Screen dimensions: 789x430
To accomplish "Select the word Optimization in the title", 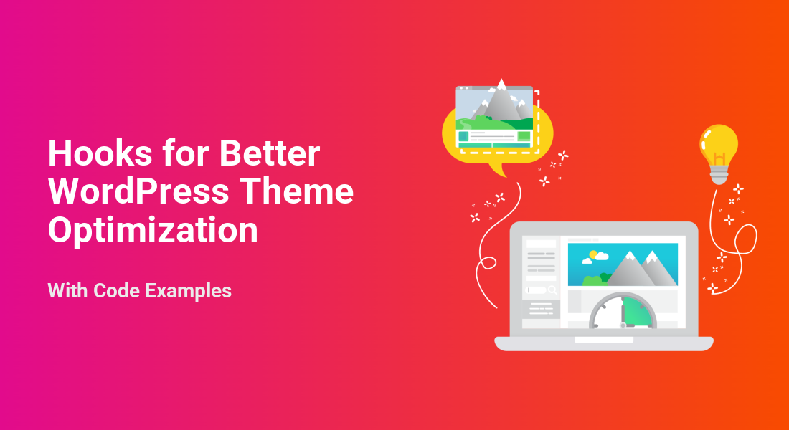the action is [153, 230].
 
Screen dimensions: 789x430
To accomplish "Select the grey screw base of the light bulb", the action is [719, 176].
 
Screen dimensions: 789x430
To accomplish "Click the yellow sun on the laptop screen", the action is [593, 254].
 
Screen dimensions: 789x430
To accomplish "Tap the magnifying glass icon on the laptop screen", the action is [553, 290].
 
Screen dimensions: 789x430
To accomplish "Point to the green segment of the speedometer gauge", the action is [637, 312].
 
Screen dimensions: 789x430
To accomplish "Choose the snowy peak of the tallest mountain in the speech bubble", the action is [501, 85].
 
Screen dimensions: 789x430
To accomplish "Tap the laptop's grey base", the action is [604, 343].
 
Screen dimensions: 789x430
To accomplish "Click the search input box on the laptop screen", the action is [537, 290].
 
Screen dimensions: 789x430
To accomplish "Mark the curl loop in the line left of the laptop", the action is [488, 263].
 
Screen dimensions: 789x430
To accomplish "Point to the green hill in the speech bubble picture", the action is [504, 123].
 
